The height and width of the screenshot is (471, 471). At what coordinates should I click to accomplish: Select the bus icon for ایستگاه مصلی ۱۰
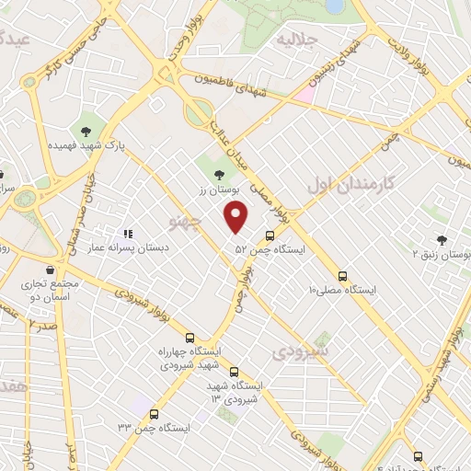pos(342,275)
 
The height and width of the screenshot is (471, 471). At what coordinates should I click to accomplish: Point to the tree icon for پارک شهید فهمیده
pos(86,131)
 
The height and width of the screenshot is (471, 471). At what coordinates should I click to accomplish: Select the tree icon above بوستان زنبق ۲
pos(442,239)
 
